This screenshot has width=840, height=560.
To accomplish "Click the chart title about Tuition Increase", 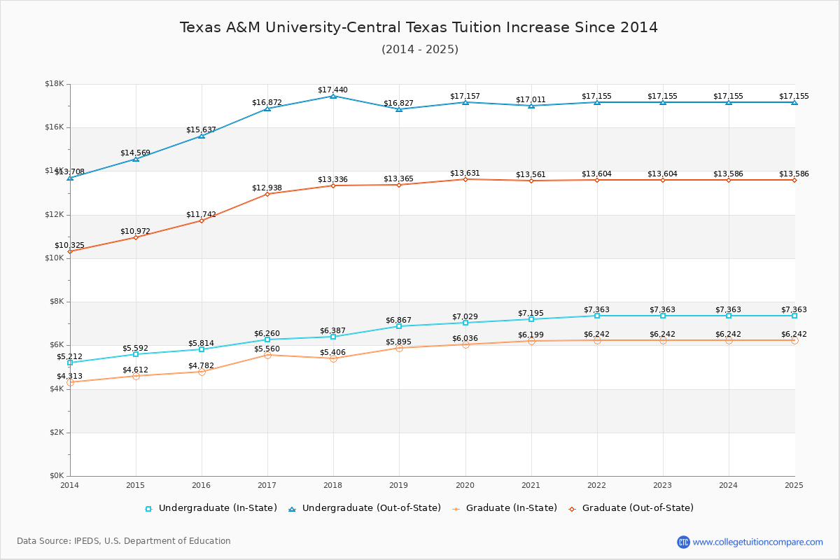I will (x=419, y=27).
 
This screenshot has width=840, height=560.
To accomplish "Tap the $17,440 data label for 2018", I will (x=332, y=90).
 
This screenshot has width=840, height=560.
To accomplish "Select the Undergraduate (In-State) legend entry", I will (x=211, y=508).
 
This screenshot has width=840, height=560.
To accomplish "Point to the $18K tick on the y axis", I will (x=54, y=84).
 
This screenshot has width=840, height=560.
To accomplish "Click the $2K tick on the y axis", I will (x=56, y=433).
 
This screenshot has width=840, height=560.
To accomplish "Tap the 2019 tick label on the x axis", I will (x=399, y=484).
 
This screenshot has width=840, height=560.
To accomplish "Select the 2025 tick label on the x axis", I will (x=794, y=484).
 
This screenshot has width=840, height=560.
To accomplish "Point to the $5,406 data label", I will (x=332, y=352).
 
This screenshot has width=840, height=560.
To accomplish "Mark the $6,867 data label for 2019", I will (x=398, y=320).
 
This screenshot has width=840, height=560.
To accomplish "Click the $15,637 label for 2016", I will (x=201, y=129).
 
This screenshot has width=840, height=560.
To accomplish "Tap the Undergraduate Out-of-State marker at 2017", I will (x=267, y=108).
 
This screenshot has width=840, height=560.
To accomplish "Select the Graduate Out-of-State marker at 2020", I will (x=465, y=179).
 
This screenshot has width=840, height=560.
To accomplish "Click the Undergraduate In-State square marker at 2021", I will (x=531, y=319).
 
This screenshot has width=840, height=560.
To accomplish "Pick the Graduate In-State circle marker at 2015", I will (x=136, y=376).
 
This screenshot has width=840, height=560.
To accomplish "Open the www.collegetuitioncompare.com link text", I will (x=757, y=542).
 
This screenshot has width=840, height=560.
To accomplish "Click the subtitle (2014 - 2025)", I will (x=420, y=49).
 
